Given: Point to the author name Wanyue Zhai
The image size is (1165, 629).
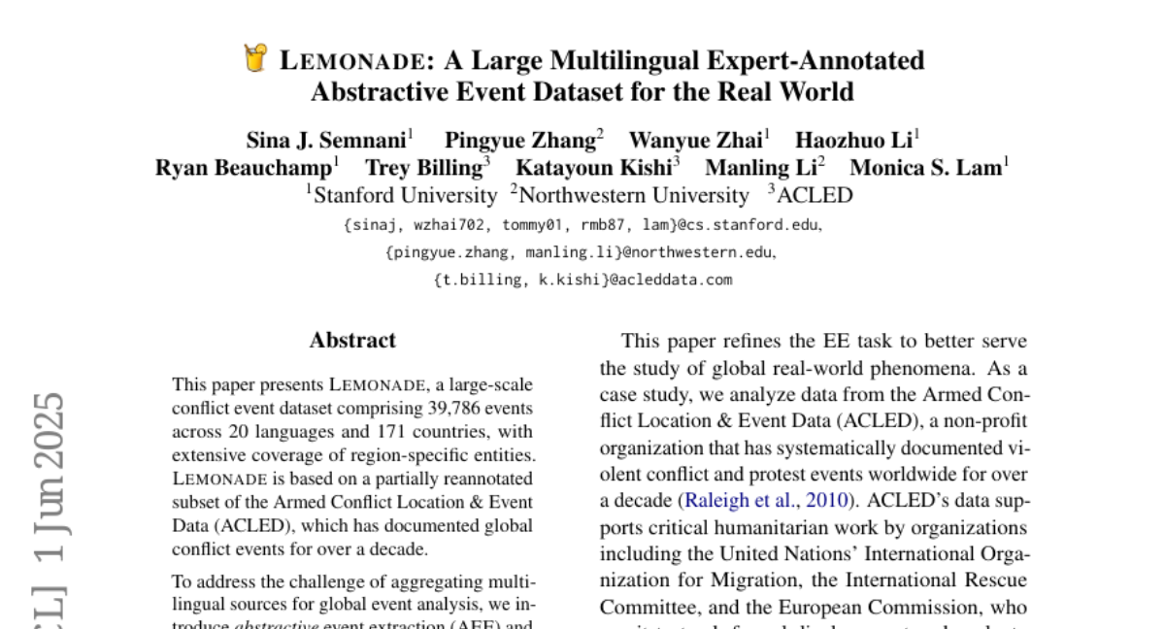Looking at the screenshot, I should click(695, 140).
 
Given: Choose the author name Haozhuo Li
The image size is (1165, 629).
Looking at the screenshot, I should click(854, 140).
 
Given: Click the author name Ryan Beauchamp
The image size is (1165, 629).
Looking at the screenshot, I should click(244, 168).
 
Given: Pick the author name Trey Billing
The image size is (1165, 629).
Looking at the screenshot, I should click(423, 168).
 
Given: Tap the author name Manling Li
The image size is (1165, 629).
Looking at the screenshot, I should click(761, 168).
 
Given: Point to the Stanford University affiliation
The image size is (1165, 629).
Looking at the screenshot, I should click(405, 195).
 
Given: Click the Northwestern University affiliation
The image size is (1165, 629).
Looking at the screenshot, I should click(633, 195).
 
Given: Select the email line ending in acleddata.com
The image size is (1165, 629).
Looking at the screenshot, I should click(582, 280).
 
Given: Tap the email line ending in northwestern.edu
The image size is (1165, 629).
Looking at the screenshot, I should click(582, 252).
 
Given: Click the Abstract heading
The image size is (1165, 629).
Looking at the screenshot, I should click(352, 341).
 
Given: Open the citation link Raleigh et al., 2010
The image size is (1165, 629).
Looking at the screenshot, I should click(766, 501).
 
